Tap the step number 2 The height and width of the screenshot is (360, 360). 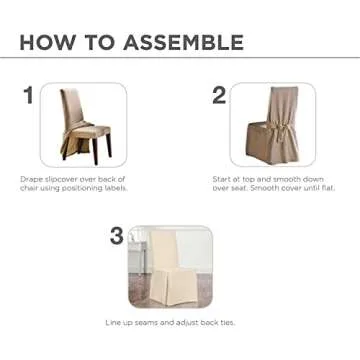point(218,95)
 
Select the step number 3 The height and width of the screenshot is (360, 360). point(117,236)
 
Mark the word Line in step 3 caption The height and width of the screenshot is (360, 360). point(114,323)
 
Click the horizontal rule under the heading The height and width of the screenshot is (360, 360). point(180,61)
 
